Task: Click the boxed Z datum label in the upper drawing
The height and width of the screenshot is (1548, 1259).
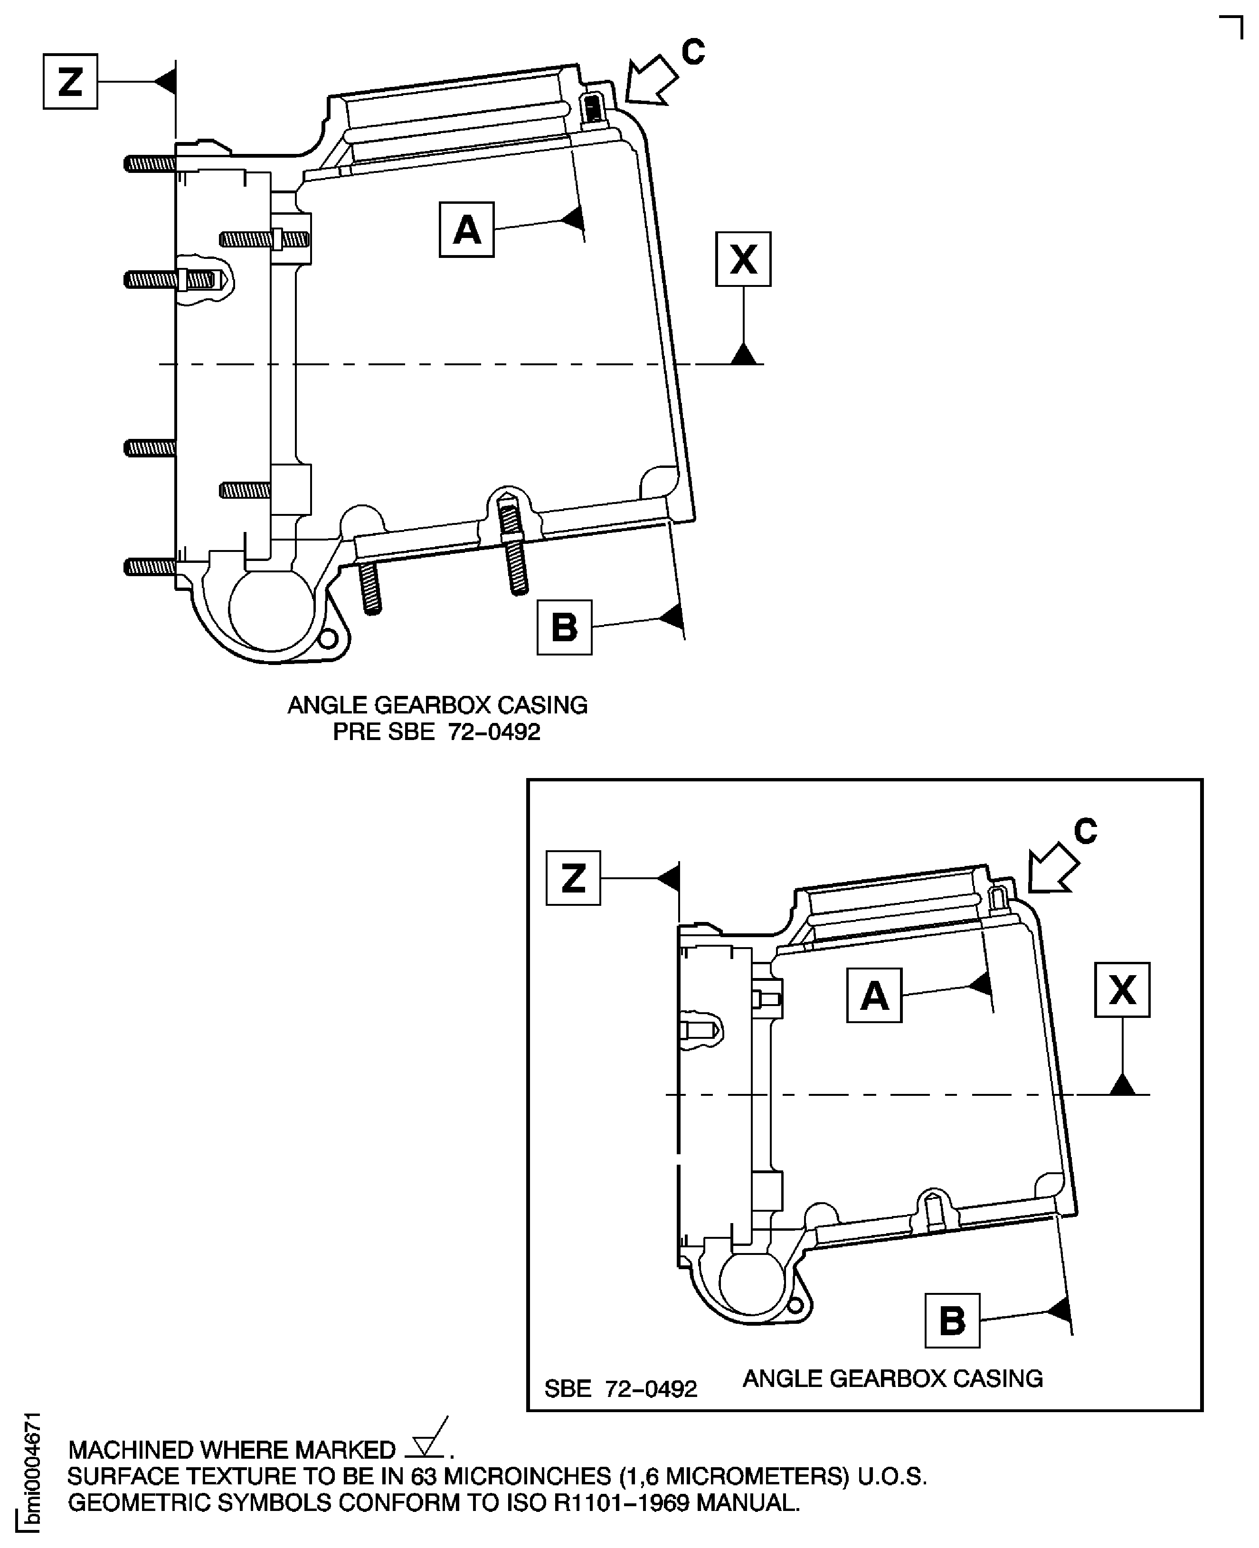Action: point(70,81)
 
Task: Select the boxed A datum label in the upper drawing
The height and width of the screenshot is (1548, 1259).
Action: point(466,230)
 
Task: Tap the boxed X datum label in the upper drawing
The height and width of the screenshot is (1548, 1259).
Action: point(743,259)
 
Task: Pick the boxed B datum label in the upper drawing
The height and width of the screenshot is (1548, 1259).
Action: point(564,627)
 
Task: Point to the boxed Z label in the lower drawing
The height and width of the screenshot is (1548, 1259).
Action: point(573,878)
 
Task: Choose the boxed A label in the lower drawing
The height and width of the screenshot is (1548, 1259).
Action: point(874,995)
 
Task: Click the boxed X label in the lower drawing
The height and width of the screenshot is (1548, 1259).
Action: point(1122,990)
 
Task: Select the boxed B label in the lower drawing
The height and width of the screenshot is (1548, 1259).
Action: point(952,1320)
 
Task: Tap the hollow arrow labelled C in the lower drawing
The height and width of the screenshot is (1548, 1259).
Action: point(1053,868)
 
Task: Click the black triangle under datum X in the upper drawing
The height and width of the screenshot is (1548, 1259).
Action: point(743,355)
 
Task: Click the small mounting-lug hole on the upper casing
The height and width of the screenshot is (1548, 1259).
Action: point(329,639)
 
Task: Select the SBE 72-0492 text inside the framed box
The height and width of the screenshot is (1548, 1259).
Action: point(621,1388)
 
